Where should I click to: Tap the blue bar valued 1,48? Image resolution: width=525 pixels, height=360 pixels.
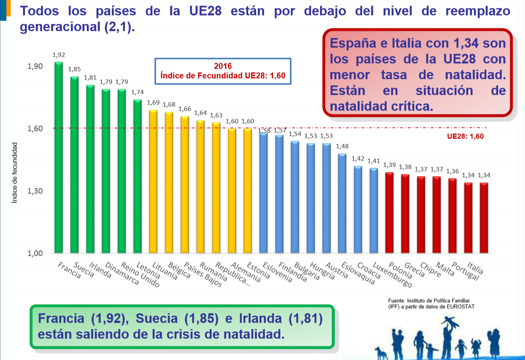pos(342,203)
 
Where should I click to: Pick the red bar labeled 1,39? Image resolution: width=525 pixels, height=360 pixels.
pos(389,213)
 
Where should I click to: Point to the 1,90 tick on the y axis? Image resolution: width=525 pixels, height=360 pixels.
pos(35,66)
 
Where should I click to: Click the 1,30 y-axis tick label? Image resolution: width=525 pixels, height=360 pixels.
pos(35,191)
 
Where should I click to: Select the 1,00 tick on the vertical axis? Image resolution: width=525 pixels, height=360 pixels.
pos(35,254)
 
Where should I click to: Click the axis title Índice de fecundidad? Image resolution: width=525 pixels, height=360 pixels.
pos(15,173)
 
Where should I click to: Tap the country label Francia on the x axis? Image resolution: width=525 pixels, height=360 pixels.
pos(69,270)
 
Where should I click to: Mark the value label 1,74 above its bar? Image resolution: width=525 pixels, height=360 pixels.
pos(137,92)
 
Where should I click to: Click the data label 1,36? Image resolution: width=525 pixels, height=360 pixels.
pos(452,171)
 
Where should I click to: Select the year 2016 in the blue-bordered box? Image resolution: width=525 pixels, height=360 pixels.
pos(223,66)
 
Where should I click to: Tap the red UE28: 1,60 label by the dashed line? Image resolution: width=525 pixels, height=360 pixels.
pos(465,137)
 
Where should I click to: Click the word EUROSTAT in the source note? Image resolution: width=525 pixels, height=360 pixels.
pos(460,306)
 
